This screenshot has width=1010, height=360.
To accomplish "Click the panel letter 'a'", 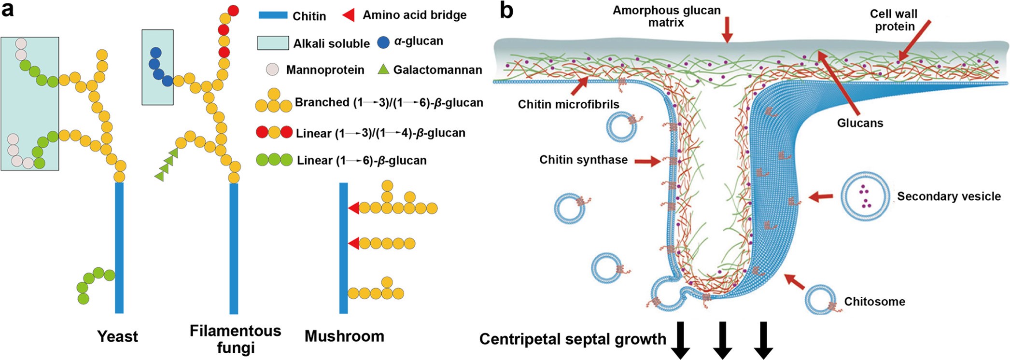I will pos(8,10).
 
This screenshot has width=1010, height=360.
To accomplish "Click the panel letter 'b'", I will pos(506,11).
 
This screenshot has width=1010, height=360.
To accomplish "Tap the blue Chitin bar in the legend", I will pos(273,15).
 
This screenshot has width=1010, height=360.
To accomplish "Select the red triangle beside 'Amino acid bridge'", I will pos(349,15).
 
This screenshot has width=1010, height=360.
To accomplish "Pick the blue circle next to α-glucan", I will pos(383,42).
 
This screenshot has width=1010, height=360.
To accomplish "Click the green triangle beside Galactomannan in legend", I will pos(383,70).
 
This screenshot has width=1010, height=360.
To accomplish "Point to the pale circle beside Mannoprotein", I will pos(273,69).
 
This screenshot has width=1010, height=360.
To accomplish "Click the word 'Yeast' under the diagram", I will pos(117,336).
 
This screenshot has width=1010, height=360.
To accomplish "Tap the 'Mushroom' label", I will pos(344,336).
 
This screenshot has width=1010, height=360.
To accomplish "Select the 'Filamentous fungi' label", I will pos(235,339).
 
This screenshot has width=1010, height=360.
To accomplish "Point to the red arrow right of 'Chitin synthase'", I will pos(647,161).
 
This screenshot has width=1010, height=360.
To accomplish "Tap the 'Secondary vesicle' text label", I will pos(949,196).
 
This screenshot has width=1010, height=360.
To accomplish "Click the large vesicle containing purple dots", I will pos(865,196).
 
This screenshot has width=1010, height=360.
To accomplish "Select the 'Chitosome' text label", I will pos(874,302).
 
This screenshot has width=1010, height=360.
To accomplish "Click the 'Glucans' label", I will pos(860,123).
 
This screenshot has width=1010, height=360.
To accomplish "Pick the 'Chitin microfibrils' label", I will pos(568,104).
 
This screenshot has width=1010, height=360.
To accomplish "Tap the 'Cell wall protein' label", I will pos(894,20).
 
